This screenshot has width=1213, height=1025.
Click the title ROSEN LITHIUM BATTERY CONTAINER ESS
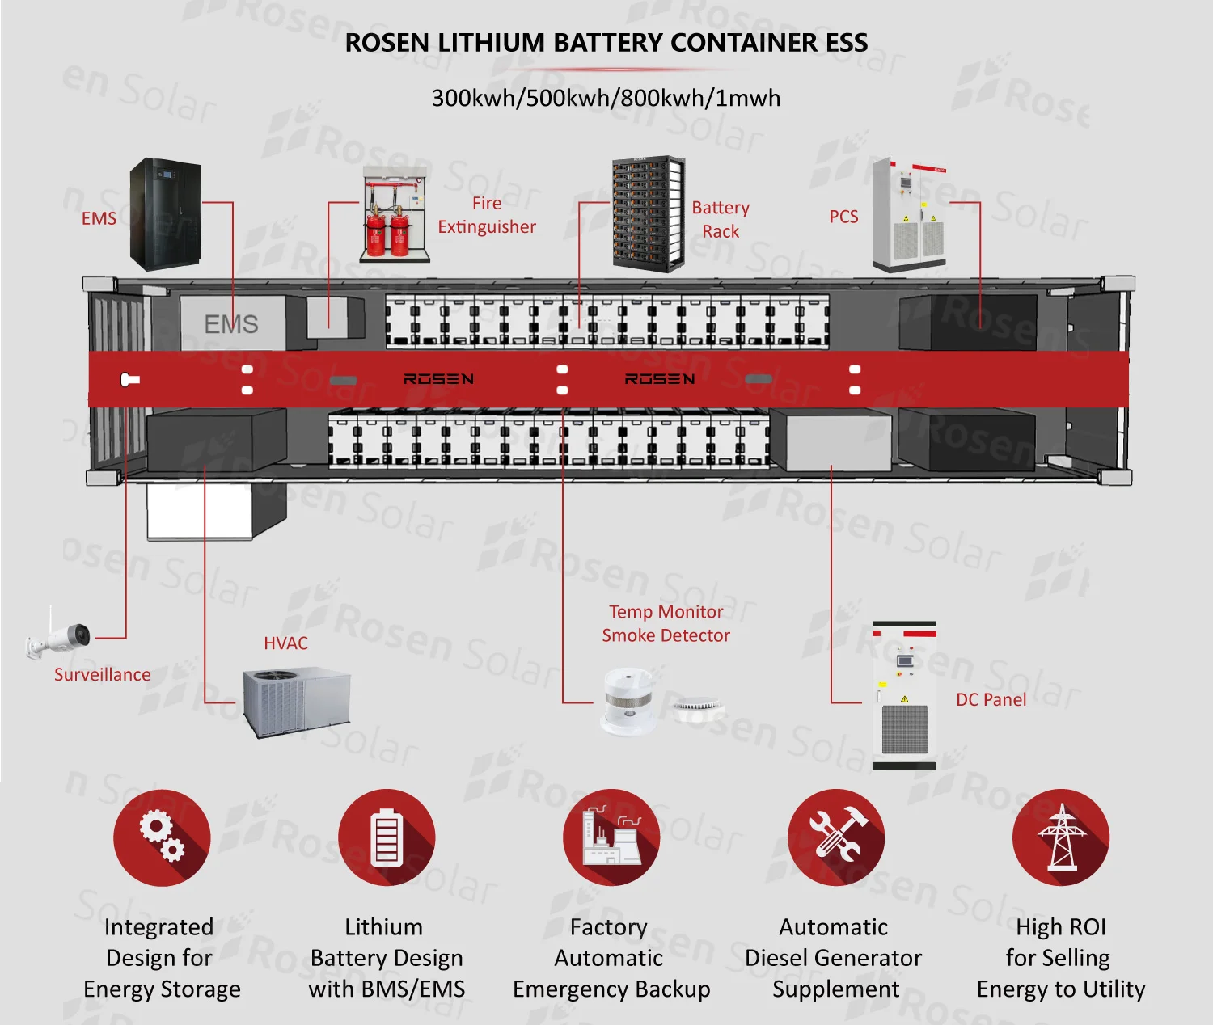pyautogui.click(x=606, y=42)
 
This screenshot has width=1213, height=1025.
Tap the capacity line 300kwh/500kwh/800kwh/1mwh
pyautogui.click(x=606, y=98)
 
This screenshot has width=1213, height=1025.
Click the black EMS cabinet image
pyautogui.click(x=165, y=214)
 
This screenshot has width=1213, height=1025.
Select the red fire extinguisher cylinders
pyautogui.click(x=387, y=230)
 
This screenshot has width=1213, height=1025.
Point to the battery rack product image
pyautogui.click(x=648, y=214)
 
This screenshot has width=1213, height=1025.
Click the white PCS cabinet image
pyautogui.click(x=909, y=215)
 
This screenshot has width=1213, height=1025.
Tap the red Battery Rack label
pyautogui.click(x=720, y=219)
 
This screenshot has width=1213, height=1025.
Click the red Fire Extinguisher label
pyautogui.click(x=486, y=215)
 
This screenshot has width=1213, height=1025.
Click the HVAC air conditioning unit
pyautogui.click(x=297, y=702)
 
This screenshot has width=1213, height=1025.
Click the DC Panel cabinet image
pyautogui.click(x=904, y=695)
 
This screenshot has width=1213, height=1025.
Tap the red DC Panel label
pyautogui.click(x=991, y=699)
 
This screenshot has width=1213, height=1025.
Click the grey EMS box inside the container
pyautogui.click(x=231, y=323)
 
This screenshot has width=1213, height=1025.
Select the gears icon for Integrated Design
pyautogui.click(x=162, y=837)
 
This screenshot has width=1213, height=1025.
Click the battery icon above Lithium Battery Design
pyautogui.click(x=387, y=837)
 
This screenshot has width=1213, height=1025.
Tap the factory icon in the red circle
pyautogui.click(x=611, y=837)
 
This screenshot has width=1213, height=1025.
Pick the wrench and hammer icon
pyautogui.click(x=836, y=837)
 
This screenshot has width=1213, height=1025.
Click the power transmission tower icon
pyautogui.click(x=1061, y=837)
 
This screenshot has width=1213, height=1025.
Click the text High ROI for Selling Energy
pyautogui.click(x=1060, y=958)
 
